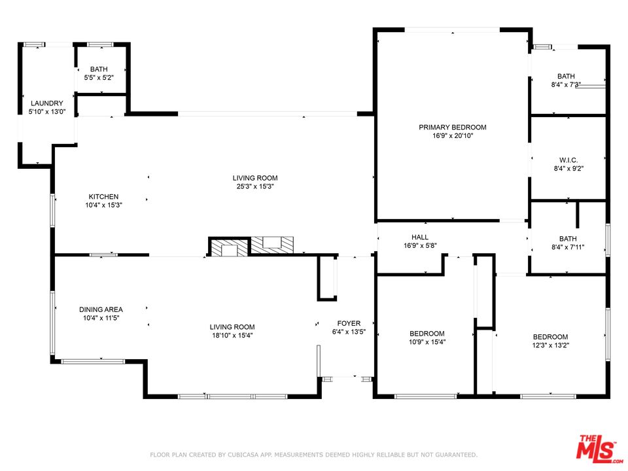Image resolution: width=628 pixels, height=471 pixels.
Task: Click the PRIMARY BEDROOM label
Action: pyautogui.click(x=453, y=128)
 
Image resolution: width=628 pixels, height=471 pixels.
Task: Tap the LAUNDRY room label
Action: pyautogui.click(x=47, y=103)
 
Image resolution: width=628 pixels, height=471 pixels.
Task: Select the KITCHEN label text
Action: pyautogui.click(x=103, y=197)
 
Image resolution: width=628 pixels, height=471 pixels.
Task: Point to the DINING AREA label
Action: pyautogui.click(x=101, y=309)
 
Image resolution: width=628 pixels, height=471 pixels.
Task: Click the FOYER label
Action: pyautogui.click(x=349, y=323)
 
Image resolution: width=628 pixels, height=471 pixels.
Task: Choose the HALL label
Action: pyautogui.click(x=420, y=237)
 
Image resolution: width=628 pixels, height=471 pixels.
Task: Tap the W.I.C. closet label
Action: pyautogui.click(x=568, y=160)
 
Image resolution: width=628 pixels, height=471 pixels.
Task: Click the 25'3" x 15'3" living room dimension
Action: pyautogui.click(x=255, y=186)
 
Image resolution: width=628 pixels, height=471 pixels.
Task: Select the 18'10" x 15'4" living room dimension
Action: pyautogui.click(x=232, y=336)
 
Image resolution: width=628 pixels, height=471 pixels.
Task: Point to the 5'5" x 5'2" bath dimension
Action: pyautogui.click(x=99, y=78)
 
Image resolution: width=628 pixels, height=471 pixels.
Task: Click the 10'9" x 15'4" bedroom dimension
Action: pyautogui.click(x=427, y=342)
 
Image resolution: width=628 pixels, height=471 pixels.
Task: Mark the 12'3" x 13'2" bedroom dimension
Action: pyautogui.click(x=551, y=345)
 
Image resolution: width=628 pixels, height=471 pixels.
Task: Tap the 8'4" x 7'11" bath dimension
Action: pyautogui.click(x=568, y=247)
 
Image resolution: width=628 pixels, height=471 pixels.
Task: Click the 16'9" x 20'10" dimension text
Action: pyautogui.click(x=453, y=136)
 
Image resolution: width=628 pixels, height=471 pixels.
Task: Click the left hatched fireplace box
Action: pyautogui.click(x=229, y=247)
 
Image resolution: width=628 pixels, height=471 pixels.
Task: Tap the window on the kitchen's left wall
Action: pyautogui.click(x=52, y=211)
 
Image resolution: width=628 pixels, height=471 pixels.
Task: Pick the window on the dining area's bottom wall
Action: pyautogui.click(x=93, y=361)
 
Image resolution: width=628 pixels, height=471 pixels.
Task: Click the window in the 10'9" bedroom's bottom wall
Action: pyautogui.click(x=425, y=396)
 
